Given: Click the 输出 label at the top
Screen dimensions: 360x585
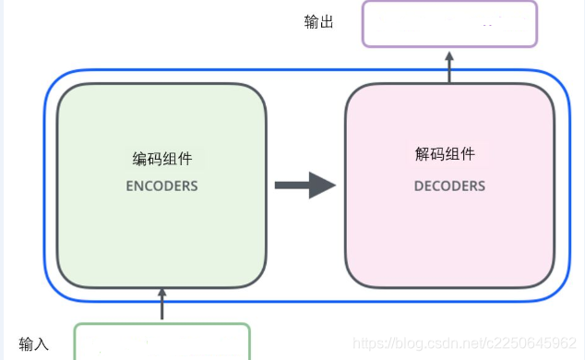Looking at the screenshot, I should click(319, 22).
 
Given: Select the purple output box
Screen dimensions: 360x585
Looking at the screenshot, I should click(449, 23).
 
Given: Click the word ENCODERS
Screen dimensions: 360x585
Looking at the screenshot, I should click(162, 186).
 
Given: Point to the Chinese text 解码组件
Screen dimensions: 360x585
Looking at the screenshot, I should click(449, 155).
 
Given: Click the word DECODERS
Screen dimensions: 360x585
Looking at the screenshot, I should click(449, 186).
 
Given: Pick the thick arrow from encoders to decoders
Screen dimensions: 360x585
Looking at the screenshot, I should click(304, 185).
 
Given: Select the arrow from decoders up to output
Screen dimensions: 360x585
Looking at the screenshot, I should click(449, 66).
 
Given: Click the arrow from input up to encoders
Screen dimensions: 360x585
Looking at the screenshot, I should click(162, 305).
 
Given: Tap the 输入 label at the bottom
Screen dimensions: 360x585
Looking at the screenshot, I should click(33, 345).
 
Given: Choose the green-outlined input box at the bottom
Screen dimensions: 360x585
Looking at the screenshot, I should click(162, 342).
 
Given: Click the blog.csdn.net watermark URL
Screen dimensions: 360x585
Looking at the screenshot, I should click(466, 344).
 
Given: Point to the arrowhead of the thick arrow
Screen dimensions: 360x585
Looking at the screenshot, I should click(322, 185).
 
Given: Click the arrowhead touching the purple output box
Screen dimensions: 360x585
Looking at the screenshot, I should click(449, 54).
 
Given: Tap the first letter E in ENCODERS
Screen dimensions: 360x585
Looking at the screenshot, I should click(130, 186).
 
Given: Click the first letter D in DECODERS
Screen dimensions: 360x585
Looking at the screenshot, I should click(418, 186).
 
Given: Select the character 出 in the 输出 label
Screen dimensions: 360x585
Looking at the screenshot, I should click(327, 22).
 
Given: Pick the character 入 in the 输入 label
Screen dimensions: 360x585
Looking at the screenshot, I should click(41, 345).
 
